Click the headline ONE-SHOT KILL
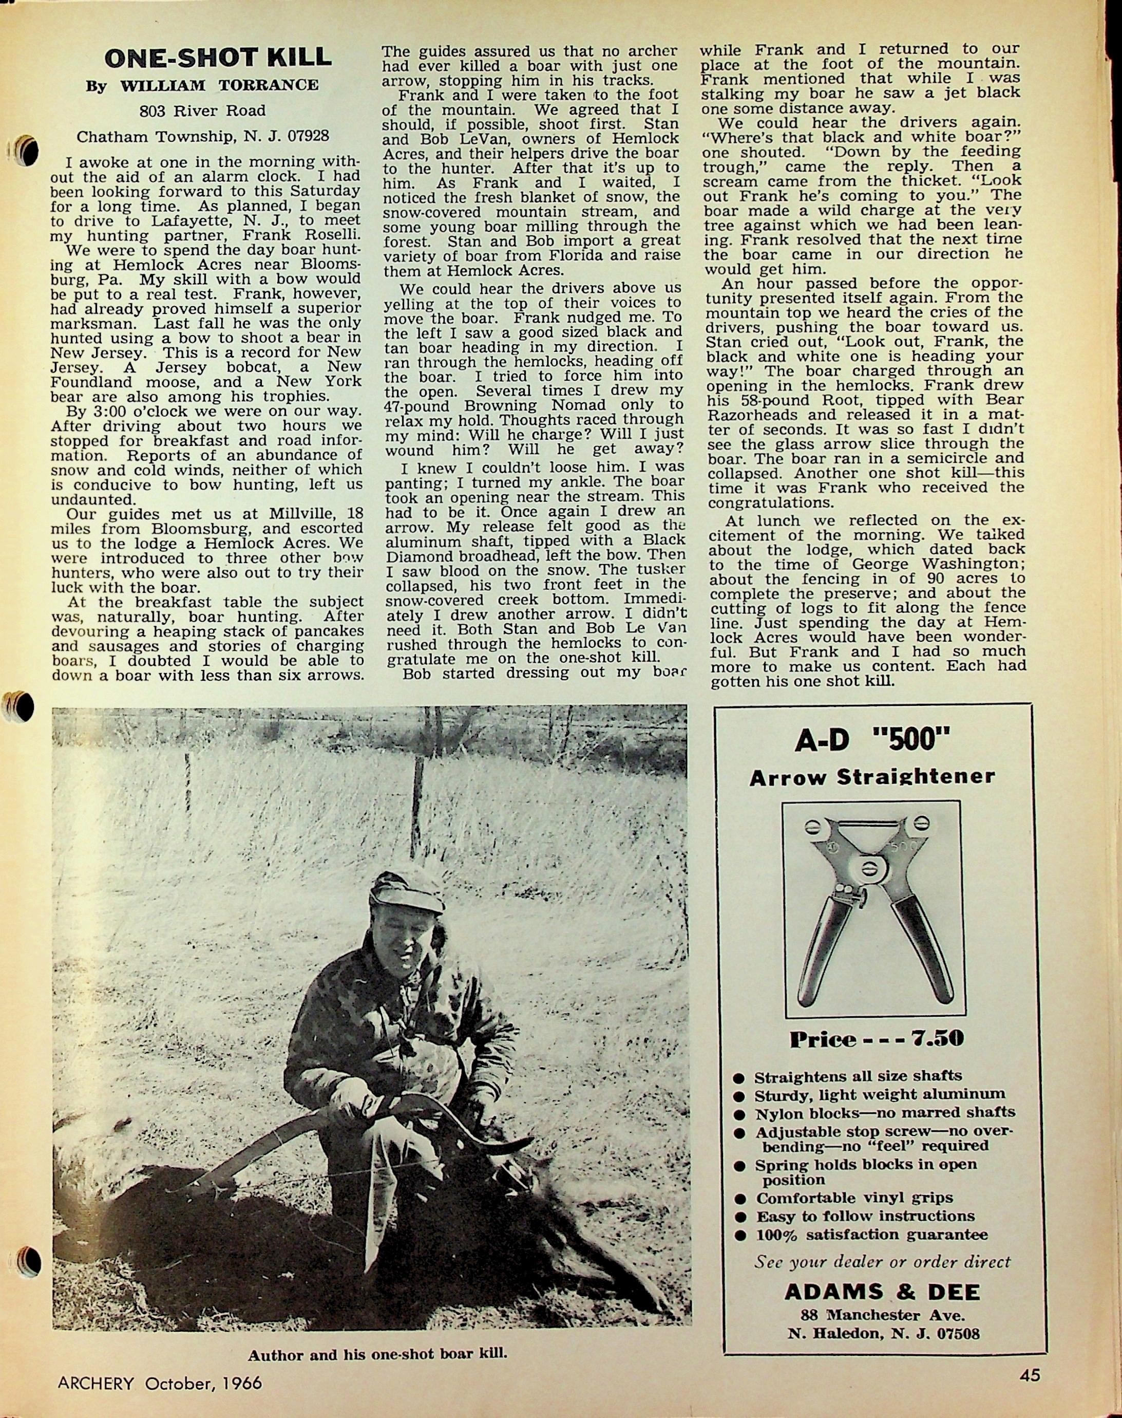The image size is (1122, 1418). coord(218,58)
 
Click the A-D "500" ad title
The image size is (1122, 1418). coord(873,740)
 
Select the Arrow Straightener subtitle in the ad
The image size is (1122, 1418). coord(872,777)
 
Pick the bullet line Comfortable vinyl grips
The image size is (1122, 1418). coord(854,1198)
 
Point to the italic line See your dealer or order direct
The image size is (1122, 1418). coord(882,1262)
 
